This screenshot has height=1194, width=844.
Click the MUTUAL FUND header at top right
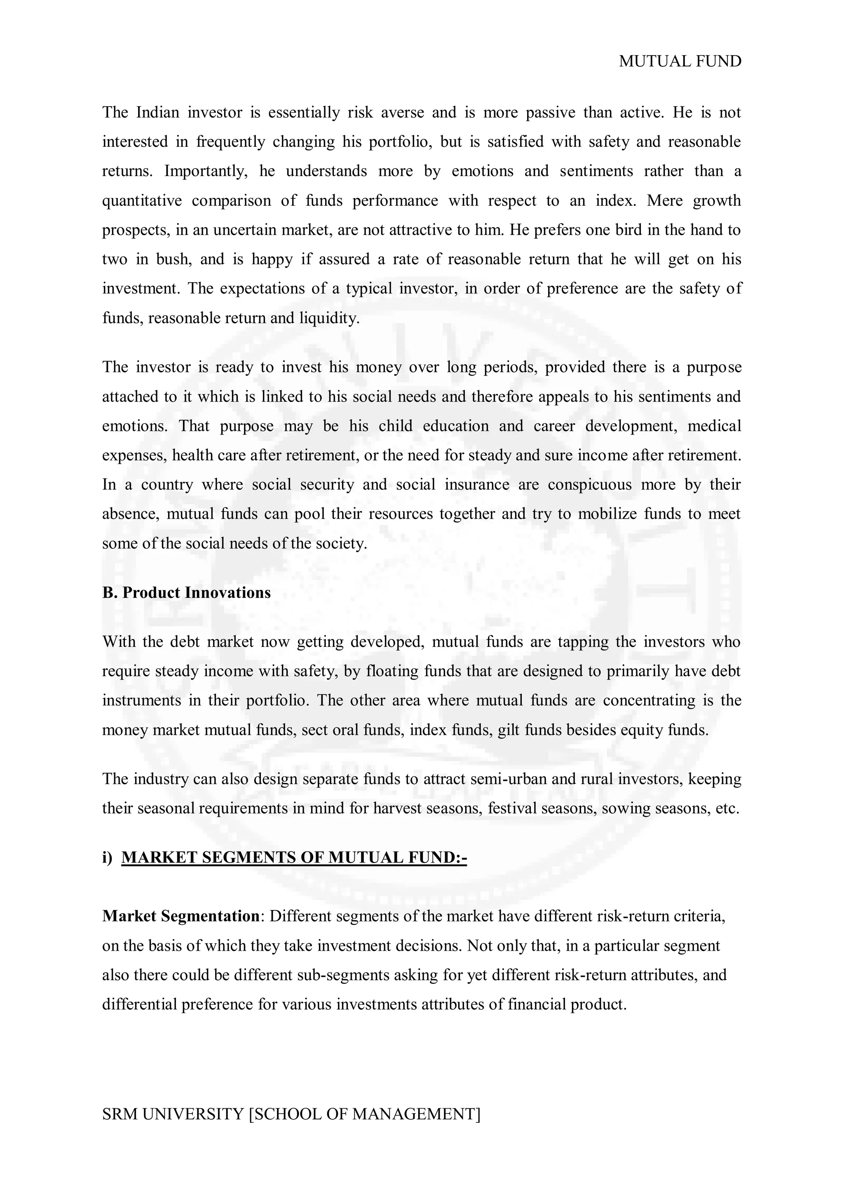680,61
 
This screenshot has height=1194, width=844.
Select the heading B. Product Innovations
186,593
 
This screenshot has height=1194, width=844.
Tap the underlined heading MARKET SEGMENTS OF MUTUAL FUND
294,857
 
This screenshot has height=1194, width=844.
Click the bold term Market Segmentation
181,916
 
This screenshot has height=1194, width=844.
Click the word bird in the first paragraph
627,230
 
